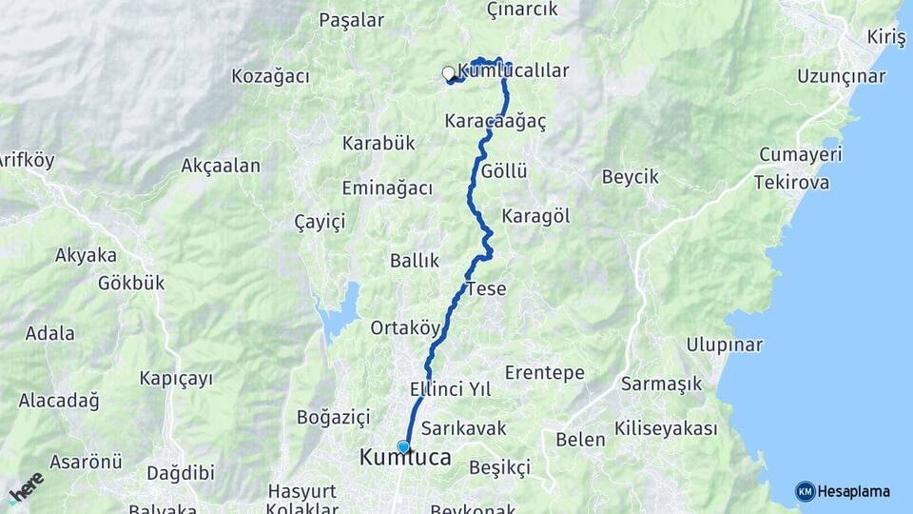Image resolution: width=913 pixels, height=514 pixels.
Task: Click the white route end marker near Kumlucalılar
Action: [x=448, y=72]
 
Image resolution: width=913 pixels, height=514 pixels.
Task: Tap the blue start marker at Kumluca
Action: [x=403, y=446]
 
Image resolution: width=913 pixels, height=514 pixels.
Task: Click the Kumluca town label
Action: [x=405, y=459]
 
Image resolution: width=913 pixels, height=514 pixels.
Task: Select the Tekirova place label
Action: [x=794, y=182]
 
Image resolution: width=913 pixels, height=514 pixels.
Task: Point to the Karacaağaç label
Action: [x=495, y=122]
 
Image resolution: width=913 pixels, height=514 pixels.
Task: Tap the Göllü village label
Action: [x=504, y=171]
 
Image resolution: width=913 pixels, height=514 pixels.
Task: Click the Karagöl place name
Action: [x=535, y=216]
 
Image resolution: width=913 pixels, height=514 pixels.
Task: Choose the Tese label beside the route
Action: [x=486, y=288]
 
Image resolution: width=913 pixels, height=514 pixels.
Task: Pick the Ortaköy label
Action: [x=406, y=327]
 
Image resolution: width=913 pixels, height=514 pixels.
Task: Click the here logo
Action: [x=26, y=487]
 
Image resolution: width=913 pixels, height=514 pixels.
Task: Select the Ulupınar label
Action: [x=724, y=345]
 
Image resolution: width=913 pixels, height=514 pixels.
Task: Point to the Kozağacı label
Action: [x=270, y=76]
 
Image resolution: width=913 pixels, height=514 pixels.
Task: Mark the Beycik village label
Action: [x=630, y=177]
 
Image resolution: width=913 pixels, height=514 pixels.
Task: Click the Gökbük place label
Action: [x=131, y=283]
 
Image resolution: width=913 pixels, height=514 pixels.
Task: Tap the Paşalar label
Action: [x=352, y=20]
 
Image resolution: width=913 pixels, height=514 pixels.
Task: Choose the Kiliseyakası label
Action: [x=666, y=428]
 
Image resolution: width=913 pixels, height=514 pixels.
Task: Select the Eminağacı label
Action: [x=387, y=188]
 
